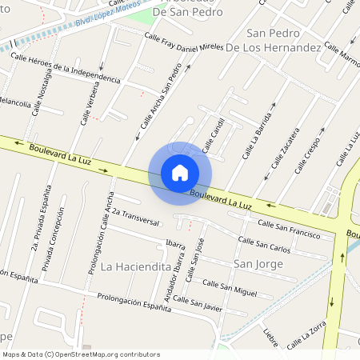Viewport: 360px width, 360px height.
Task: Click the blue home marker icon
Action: (180, 172)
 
